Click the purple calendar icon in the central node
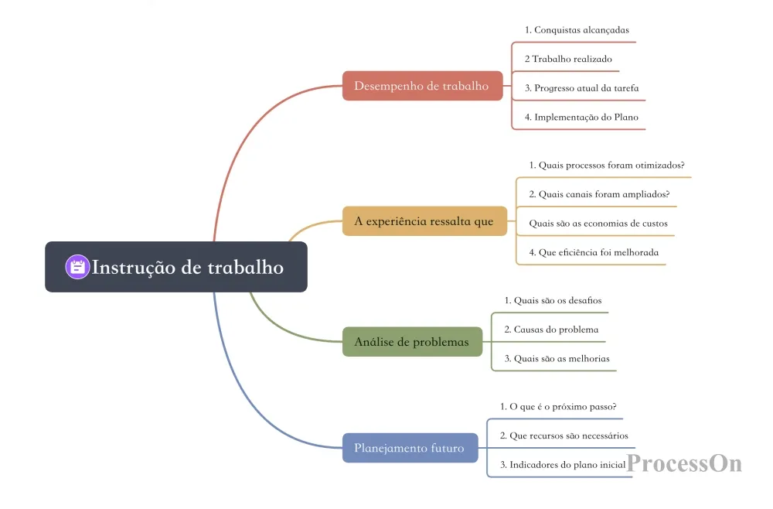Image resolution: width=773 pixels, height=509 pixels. (x=77, y=267)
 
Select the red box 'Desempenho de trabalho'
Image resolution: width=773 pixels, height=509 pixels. (x=423, y=86)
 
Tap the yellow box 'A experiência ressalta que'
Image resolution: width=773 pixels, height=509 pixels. (x=424, y=221)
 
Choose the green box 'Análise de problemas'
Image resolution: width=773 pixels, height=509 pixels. (x=412, y=341)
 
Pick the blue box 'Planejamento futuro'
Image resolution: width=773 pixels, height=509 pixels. (x=410, y=448)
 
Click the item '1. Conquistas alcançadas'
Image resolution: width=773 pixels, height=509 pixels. (x=577, y=30)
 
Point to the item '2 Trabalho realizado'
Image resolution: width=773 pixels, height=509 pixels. (x=568, y=60)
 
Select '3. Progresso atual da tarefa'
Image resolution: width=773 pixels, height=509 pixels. (x=582, y=88)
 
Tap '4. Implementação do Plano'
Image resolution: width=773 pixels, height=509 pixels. (x=582, y=118)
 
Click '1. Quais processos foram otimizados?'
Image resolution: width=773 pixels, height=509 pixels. (x=607, y=166)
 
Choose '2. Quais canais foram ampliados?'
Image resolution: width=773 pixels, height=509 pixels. (x=600, y=194)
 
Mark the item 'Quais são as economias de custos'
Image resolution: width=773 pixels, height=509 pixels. (x=598, y=224)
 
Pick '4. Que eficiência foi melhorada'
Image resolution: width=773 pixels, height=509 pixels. (x=594, y=252)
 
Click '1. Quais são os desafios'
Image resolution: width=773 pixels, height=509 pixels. (x=553, y=300)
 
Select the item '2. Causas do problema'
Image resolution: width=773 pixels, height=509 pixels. (x=552, y=330)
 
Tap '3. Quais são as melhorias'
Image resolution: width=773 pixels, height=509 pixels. (x=557, y=359)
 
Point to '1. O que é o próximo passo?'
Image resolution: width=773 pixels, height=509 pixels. (x=558, y=407)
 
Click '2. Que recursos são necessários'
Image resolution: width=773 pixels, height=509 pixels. (x=564, y=436)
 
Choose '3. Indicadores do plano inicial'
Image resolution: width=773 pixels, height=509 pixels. (x=563, y=465)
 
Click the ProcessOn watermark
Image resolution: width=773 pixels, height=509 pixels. (x=684, y=463)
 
